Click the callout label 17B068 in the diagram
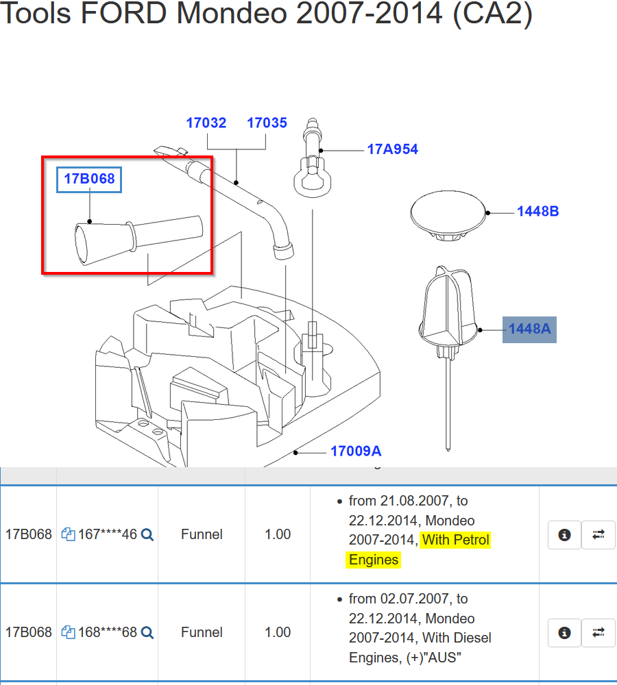click(89, 179)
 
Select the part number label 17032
click(206, 123)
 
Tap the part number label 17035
click(267, 123)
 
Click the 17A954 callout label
click(393, 149)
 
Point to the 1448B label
click(538, 212)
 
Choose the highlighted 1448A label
click(529, 329)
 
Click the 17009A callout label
click(356, 451)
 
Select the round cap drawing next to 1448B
click(448, 215)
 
